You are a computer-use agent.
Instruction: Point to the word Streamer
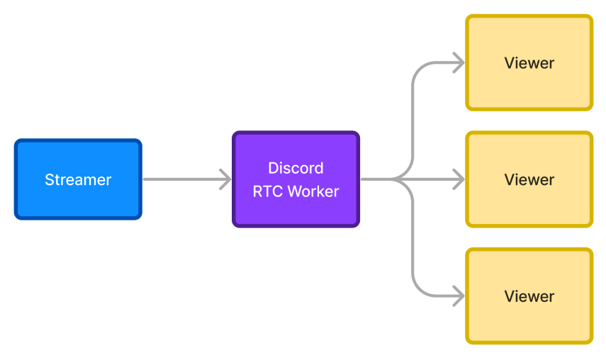coord(78,180)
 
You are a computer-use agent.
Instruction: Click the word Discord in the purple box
coord(296,168)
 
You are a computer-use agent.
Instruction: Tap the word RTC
coord(268,191)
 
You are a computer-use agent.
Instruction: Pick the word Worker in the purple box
coord(313,191)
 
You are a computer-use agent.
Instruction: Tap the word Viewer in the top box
coord(529,63)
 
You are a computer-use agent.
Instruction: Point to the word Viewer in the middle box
coord(529,180)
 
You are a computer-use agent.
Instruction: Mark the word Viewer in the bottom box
coord(529,296)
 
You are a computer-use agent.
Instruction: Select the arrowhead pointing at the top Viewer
coord(459,63)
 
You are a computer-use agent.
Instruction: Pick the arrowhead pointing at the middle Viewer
coord(459,179)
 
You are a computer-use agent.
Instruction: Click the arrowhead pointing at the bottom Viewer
coord(459,296)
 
